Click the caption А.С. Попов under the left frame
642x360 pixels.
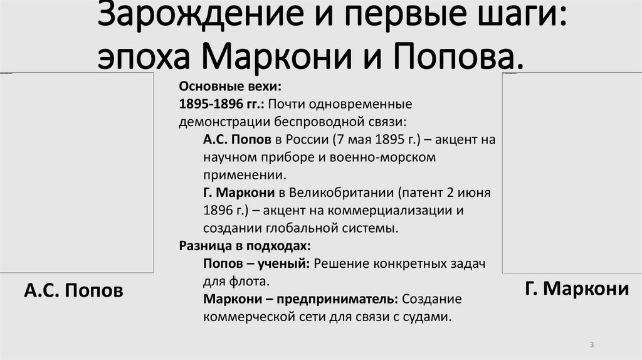73,290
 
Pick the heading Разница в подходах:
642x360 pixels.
245,245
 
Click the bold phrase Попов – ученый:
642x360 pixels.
256,263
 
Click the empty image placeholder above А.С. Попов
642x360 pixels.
76,172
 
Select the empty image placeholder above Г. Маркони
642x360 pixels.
571,172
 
